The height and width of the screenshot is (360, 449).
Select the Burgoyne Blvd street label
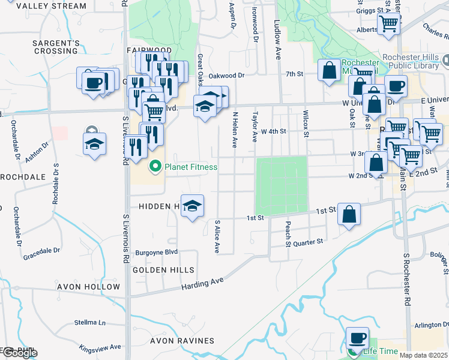coord(156,253)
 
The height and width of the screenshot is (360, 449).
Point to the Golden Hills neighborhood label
coord(156,270)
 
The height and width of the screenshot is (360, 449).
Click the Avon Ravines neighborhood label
coord(182,341)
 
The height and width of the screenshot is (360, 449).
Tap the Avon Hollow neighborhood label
coord(88,287)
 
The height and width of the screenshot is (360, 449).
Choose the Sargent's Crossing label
coord(56,47)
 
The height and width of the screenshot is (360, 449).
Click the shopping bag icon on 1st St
coord(349,214)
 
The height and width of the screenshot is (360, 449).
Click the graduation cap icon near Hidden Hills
coord(191,206)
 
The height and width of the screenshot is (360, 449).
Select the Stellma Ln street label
coord(90,323)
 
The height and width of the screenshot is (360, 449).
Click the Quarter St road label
coord(312,241)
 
